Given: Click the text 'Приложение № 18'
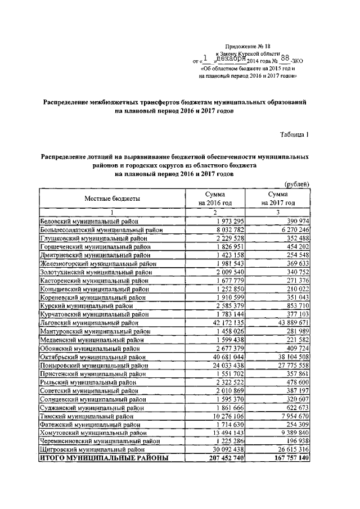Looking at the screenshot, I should [247, 47].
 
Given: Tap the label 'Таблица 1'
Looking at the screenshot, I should [294, 133].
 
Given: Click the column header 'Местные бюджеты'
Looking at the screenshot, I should [112, 199].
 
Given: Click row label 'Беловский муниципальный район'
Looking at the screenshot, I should [89, 222].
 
